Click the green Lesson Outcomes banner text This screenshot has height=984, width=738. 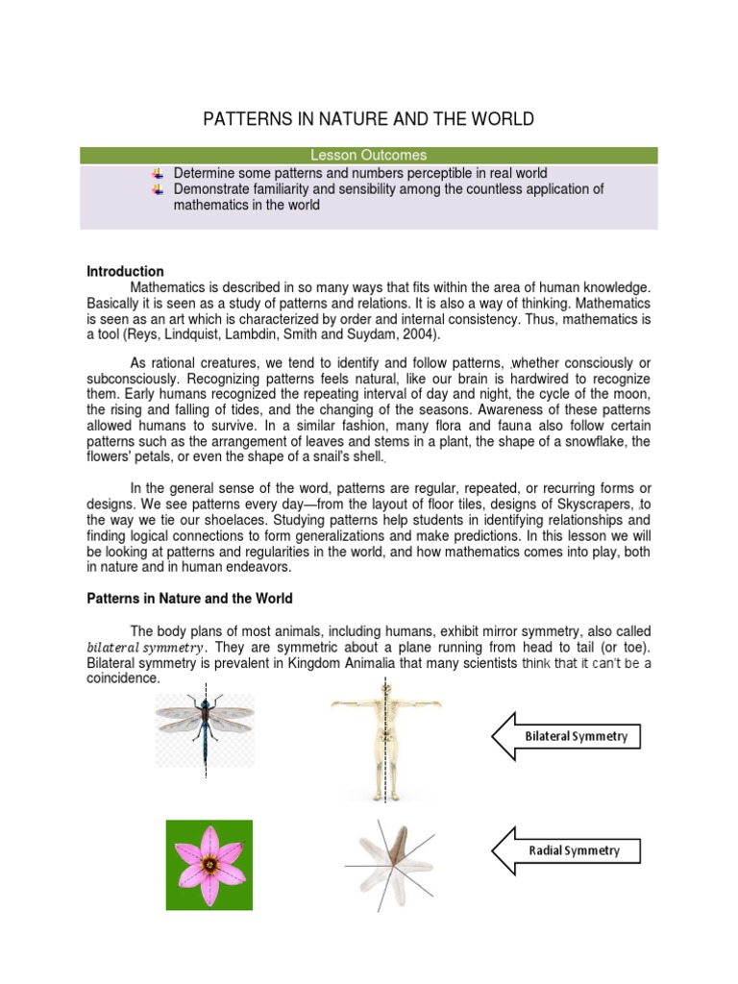click(369, 155)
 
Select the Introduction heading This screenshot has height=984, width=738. click(125, 272)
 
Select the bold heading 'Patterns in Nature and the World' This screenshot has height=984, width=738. click(189, 599)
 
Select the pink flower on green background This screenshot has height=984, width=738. click(209, 864)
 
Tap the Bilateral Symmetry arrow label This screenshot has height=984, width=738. click(575, 737)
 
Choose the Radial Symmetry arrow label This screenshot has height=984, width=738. click(573, 850)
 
